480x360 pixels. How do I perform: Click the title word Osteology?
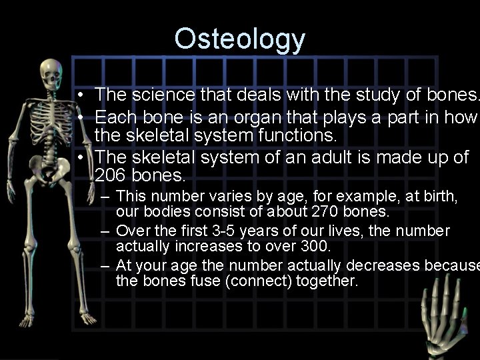coord(239,40)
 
